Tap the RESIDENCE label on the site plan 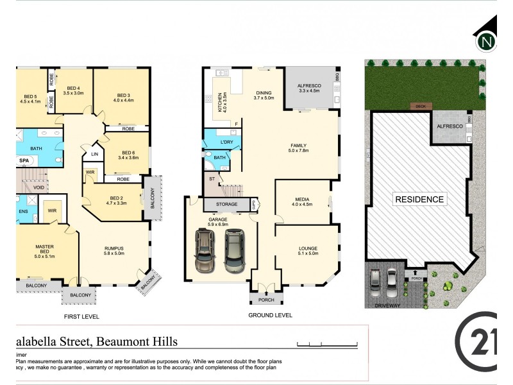(x=419, y=200)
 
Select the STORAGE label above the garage (x=226, y=205)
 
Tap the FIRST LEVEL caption (x=83, y=317)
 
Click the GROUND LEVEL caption (x=269, y=315)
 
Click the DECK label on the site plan (x=420, y=107)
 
